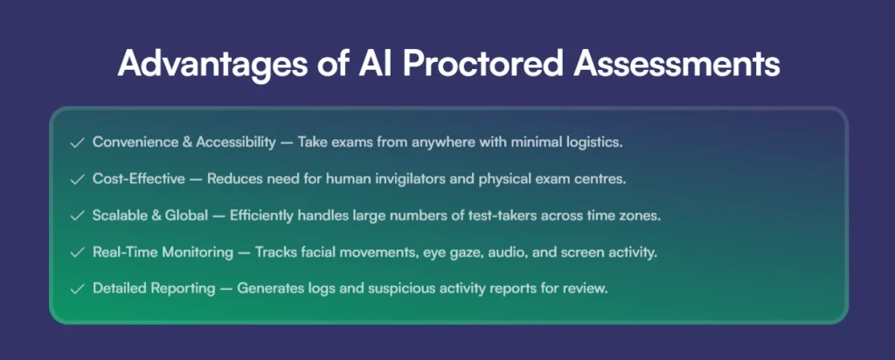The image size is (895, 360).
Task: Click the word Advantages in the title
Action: pyautogui.click(x=210, y=64)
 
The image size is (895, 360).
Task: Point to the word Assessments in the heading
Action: pyautogui.click(x=676, y=62)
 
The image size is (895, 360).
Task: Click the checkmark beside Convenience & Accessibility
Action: pyautogui.click(x=77, y=142)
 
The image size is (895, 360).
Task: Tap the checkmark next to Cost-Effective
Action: pyautogui.click(x=77, y=180)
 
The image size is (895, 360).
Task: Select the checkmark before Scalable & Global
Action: pyautogui.click(x=77, y=216)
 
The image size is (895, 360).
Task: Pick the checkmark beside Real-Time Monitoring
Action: pyautogui.click(x=77, y=253)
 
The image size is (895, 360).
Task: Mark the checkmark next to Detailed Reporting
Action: pyautogui.click(x=77, y=289)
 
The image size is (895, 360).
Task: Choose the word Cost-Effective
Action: pyautogui.click(x=139, y=178)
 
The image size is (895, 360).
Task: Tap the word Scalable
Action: pyautogui.click(x=117, y=216)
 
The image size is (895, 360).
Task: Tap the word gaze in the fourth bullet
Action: pyautogui.click(x=469, y=253)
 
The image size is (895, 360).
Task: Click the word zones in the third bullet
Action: pyautogui.click(x=642, y=217)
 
